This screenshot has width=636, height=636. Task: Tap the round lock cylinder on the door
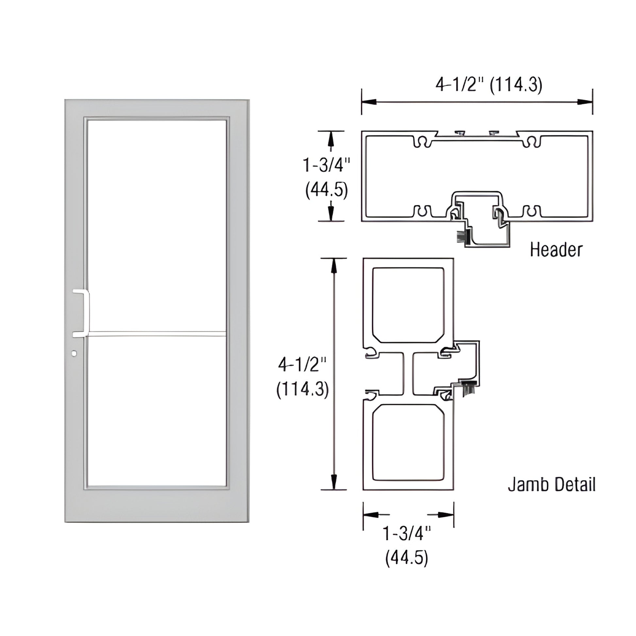74,353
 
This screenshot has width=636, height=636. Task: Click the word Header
556,250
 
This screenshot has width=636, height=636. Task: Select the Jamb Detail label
552,485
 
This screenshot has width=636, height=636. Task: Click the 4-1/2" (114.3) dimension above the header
489,85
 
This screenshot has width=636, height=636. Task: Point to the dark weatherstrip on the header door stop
461,235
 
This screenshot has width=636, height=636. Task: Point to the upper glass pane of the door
156,224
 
